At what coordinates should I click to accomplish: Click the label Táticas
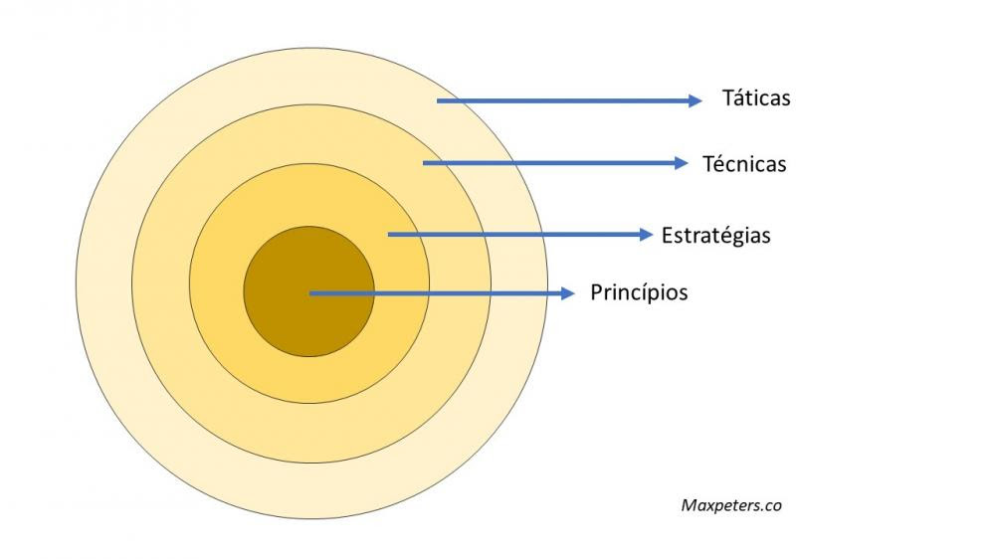(756, 98)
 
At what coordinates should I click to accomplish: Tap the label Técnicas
(744, 164)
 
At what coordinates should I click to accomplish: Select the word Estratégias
(715, 236)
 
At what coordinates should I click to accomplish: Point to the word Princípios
(639, 292)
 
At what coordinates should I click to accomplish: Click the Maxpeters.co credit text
(731, 505)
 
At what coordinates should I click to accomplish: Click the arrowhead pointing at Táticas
(696, 100)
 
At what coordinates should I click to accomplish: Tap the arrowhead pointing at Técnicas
(682, 163)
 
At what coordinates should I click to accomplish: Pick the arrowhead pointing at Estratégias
(647, 235)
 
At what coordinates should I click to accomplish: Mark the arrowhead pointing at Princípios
(568, 293)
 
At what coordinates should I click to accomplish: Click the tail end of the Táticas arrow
(437, 100)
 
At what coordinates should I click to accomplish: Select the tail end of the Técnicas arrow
(423, 163)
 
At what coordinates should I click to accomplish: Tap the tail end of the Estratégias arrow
(388, 235)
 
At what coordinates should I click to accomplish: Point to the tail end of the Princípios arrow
(309, 293)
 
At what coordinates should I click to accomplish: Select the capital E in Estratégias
(667, 236)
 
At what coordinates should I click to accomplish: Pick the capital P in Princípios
(596, 292)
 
